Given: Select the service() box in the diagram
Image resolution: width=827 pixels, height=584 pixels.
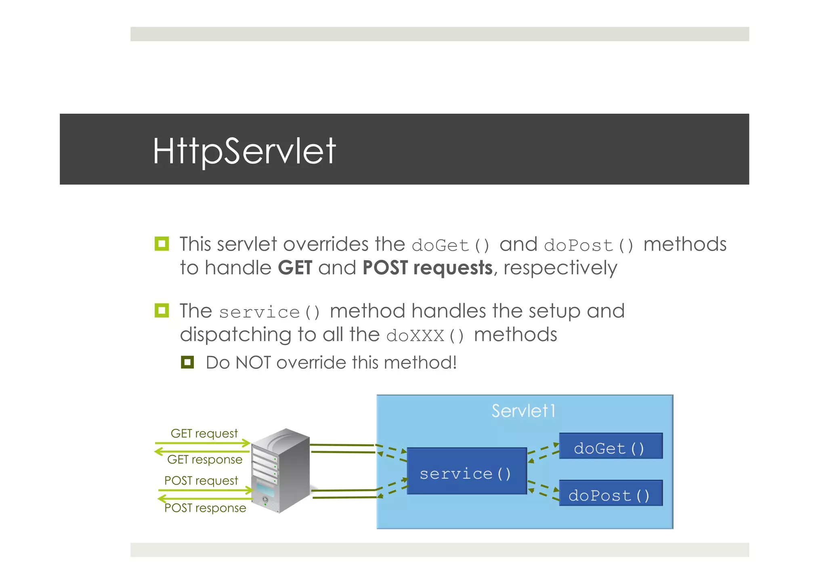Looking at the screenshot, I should click(x=466, y=471).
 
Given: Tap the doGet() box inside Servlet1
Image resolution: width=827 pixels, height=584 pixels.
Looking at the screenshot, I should click(x=611, y=446).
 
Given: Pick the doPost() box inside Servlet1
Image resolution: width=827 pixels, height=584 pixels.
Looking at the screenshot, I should click(x=611, y=493).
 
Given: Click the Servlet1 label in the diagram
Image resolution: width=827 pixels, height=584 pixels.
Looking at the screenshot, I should click(x=523, y=411).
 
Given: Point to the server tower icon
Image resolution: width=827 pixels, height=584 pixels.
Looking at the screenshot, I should click(x=281, y=470).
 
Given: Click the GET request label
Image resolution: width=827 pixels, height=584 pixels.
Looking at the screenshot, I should click(x=204, y=433).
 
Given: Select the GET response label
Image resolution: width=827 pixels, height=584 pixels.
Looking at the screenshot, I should click(x=205, y=460).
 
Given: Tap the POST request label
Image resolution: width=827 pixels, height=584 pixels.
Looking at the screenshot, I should click(x=201, y=481).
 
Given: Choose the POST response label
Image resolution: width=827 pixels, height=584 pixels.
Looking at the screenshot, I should click(x=205, y=508).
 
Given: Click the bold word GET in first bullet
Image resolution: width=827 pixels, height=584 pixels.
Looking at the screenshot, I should click(x=295, y=268).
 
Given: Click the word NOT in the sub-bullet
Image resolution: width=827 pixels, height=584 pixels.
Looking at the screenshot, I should click(x=253, y=362).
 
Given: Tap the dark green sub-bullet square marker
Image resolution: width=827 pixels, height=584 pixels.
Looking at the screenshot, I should click(x=187, y=362).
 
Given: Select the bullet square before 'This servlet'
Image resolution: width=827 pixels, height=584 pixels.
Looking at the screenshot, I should click(x=162, y=244).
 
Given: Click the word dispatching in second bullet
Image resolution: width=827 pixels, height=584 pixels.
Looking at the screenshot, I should click(x=235, y=335).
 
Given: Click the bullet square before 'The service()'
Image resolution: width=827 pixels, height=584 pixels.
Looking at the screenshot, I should click(x=162, y=310).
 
